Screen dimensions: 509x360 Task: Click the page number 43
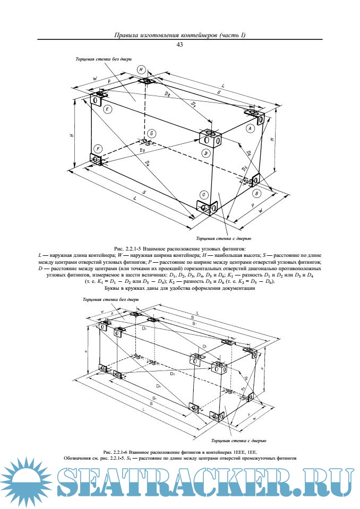[x=179, y=45]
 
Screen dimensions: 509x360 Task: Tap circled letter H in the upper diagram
[x=141, y=70]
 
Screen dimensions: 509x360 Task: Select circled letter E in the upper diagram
[x=108, y=109]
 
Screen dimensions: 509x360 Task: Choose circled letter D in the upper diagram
[x=206, y=153]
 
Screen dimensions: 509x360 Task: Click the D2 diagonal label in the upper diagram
[x=168, y=93]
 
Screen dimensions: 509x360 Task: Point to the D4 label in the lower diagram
[x=158, y=386]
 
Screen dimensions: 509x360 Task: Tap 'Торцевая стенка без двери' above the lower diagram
[x=107, y=300]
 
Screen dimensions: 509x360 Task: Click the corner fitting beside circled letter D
[x=210, y=139]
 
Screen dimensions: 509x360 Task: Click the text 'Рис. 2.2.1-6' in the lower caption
[x=115, y=452]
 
